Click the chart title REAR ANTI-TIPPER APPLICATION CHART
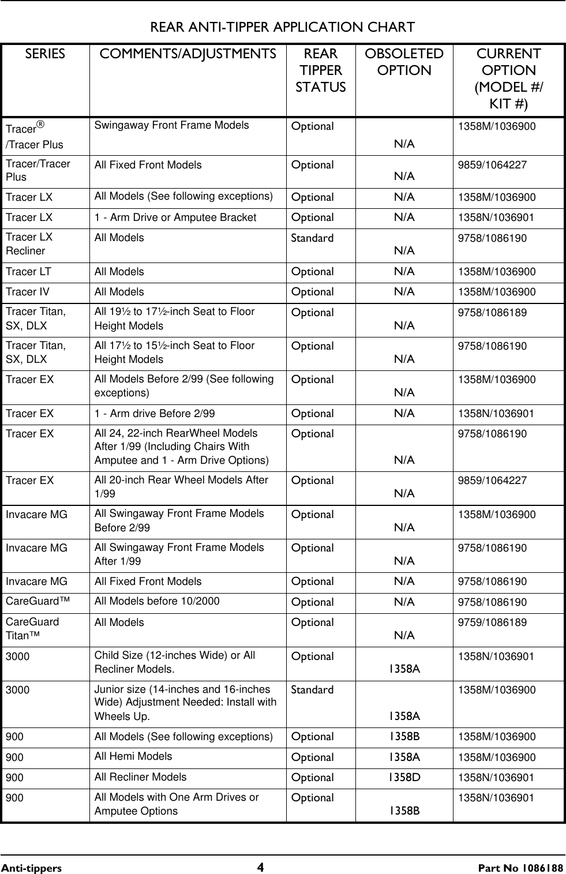[x=282, y=27]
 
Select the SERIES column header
[x=45, y=54]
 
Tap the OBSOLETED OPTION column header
[x=404, y=62]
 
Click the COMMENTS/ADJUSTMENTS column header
[x=188, y=54]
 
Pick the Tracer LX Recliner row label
[x=29, y=244]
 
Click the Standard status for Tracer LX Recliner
[x=312, y=238]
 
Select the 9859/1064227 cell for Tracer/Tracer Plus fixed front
[x=492, y=165]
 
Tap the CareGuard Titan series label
[x=32, y=629]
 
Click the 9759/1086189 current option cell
[x=492, y=622]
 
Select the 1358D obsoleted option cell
[x=404, y=777]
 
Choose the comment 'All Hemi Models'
[x=133, y=756]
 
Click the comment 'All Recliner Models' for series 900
[x=140, y=777]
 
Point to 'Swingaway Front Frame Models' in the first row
[x=171, y=125]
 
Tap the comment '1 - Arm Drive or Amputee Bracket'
[x=175, y=217]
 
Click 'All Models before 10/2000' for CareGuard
[x=157, y=601]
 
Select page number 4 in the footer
[x=261, y=868]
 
